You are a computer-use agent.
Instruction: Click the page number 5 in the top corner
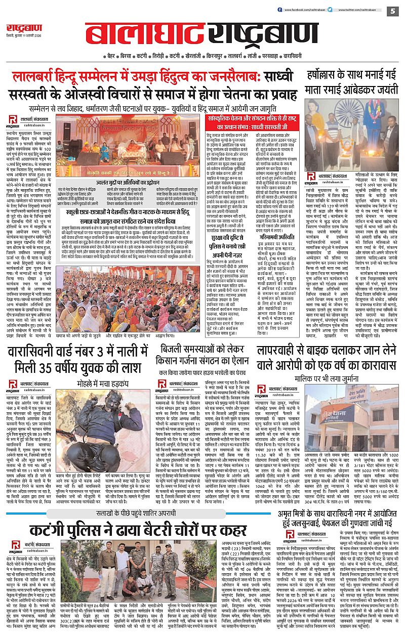click(x=394, y=11)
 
